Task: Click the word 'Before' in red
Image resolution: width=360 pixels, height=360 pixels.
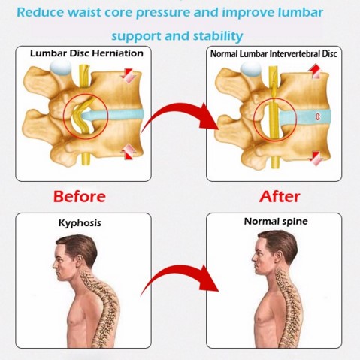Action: tap(80, 196)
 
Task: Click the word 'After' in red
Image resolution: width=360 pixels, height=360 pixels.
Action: tap(280, 196)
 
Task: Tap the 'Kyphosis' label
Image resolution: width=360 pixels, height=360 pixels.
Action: tap(80, 223)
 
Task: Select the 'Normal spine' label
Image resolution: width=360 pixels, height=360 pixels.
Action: tap(276, 222)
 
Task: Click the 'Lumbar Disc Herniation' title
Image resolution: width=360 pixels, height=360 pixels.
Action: tap(86, 53)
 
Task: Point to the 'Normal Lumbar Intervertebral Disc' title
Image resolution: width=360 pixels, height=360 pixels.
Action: tap(274, 54)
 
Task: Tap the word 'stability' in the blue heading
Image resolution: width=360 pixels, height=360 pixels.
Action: tap(218, 36)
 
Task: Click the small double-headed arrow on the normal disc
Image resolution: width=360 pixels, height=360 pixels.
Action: tap(318, 116)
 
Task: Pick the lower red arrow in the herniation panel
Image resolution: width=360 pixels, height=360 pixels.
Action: tap(129, 151)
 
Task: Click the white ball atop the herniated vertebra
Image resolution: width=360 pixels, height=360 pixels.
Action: tap(60, 67)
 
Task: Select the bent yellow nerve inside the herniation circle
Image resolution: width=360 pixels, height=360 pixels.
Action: tap(83, 116)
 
